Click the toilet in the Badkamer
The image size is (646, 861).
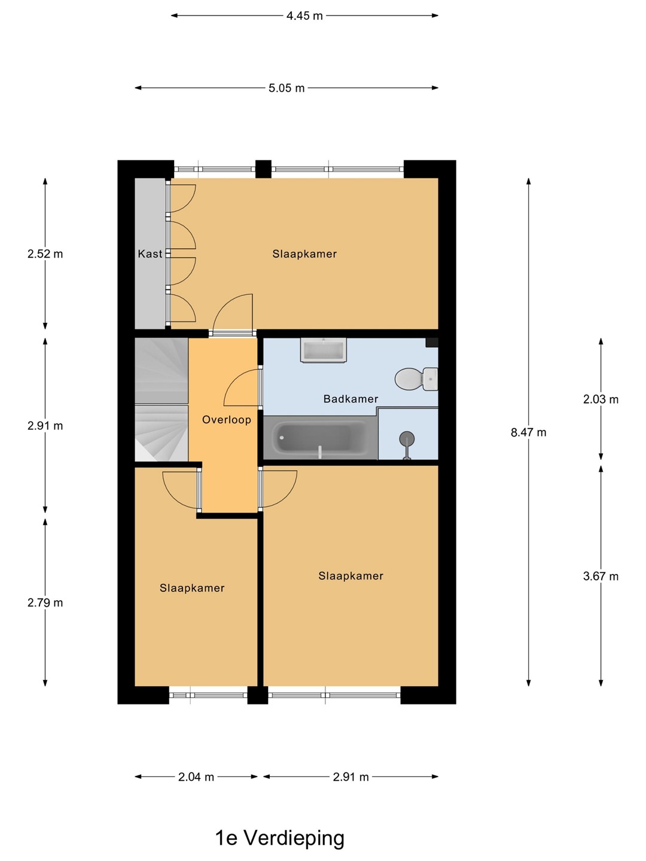tap(416, 379)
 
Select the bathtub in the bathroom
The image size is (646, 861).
tap(320, 437)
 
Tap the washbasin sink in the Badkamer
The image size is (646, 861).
tap(324, 350)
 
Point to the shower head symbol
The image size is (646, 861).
tap(407, 445)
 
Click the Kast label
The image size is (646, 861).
tap(150, 254)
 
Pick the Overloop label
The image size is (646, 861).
tap(226, 420)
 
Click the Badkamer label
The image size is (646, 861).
tap(351, 399)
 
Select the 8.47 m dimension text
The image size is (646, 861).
tap(528, 432)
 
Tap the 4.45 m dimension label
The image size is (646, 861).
tap(304, 16)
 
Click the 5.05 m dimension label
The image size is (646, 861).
tap(287, 88)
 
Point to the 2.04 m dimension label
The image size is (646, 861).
tap(196, 777)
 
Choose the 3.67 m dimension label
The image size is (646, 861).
tap(601, 576)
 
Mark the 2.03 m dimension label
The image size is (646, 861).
tap(601, 399)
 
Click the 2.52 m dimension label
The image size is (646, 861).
tap(45, 254)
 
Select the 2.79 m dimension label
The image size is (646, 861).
tap(45, 603)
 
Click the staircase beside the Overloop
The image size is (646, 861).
tap(161, 399)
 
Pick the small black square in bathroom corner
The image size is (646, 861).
tap(432, 343)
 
